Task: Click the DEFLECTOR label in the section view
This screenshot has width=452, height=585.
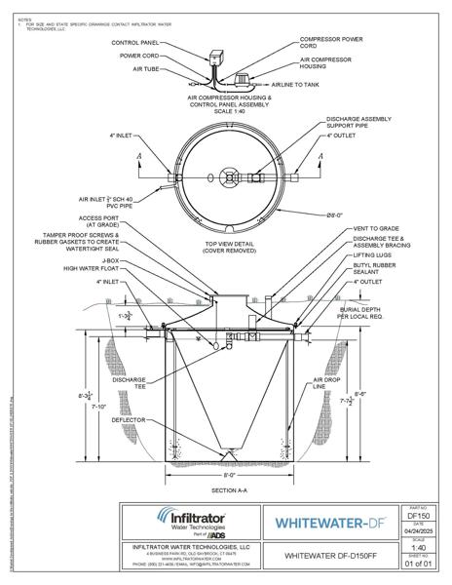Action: pyautogui.click(x=128, y=420)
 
